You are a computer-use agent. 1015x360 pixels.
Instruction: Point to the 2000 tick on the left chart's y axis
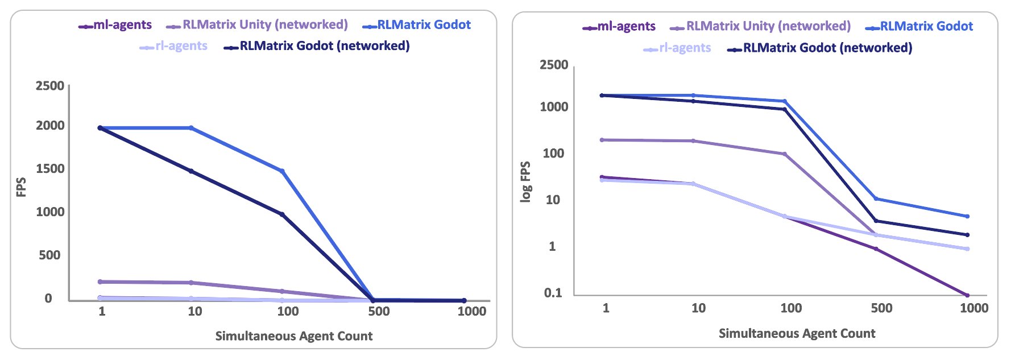click(x=51, y=126)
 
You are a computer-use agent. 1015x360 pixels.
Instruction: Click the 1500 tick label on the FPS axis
click(x=51, y=169)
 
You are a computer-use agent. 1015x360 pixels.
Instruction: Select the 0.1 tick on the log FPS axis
click(x=553, y=293)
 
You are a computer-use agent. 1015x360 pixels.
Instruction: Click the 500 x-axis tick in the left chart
click(x=379, y=311)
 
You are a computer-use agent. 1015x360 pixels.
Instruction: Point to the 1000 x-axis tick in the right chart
click(x=974, y=308)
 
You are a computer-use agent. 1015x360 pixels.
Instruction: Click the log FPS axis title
click(x=526, y=182)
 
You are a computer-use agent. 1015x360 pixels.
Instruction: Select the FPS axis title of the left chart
click(x=22, y=188)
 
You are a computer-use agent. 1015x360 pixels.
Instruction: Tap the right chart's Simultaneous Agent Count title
click(x=797, y=333)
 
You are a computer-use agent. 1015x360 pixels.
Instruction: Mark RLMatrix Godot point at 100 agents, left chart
click(x=282, y=171)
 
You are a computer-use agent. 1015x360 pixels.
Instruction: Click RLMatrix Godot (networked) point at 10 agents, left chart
click(x=191, y=171)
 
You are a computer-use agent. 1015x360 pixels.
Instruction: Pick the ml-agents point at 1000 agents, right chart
click(x=967, y=295)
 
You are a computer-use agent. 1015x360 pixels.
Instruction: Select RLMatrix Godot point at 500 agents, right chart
click(x=876, y=198)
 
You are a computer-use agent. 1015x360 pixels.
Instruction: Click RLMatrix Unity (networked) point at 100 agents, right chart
click(x=785, y=154)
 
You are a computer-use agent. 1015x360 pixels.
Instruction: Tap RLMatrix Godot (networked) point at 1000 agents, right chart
click(x=967, y=235)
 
